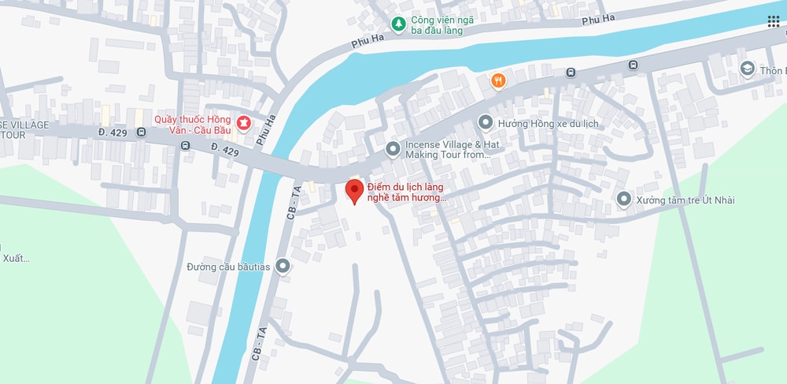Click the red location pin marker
point(354,191)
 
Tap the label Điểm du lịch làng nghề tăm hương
point(407,192)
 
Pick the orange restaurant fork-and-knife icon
point(497,80)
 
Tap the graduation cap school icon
point(745,69)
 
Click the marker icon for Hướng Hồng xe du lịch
point(486,123)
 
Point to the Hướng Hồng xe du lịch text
point(549,124)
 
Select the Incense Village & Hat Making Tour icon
point(392,148)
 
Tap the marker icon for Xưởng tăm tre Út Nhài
point(624,199)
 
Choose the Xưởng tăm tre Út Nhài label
point(686,200)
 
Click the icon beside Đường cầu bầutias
point(283,267)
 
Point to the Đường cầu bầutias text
point(228,267)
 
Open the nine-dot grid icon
point(774,21)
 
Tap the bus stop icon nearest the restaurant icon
point(571,73)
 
